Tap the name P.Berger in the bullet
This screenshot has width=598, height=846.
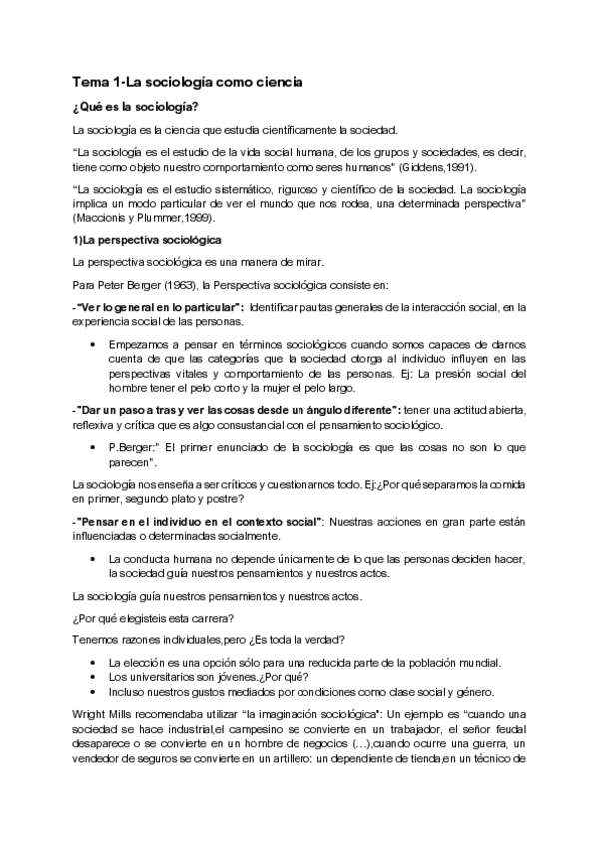[132, 447]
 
